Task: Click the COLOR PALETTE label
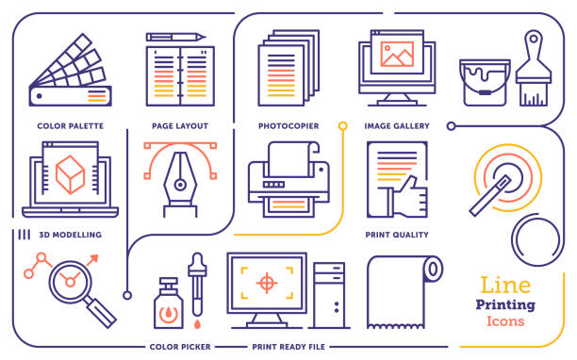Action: point(70,125)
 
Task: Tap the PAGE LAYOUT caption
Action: point(179,125)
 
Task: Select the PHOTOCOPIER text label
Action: point(288,125)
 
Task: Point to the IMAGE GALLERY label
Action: point(397,125)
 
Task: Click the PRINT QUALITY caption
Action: point(397,235)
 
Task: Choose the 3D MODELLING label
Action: point(70,235)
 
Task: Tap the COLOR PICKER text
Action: point(179,347)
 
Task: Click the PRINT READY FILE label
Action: point(288,347)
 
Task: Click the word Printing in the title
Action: point(506,304)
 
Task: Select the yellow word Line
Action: point(505,285)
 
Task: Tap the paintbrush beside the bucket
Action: point(533,70)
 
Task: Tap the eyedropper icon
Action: point(197,286)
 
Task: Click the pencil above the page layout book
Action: point(176,37)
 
